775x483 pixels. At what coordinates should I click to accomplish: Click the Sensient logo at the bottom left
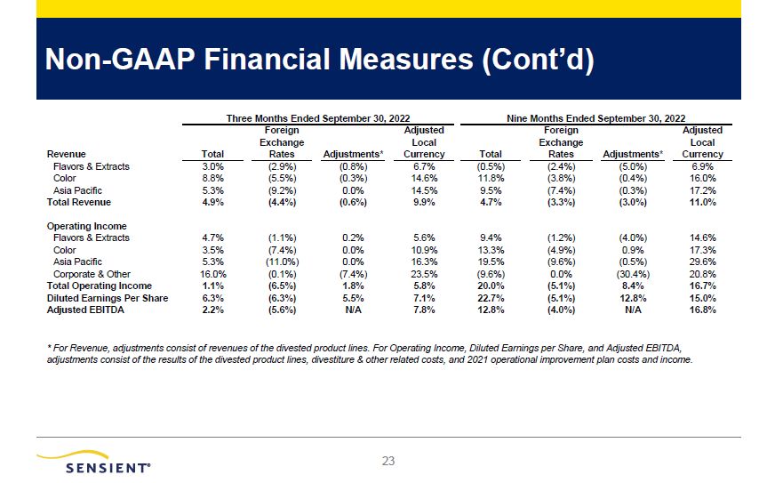93,463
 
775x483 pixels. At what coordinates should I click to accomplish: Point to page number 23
388,462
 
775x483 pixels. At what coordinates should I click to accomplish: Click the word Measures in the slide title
406,60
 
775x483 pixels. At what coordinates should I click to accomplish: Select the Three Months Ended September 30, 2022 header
318,118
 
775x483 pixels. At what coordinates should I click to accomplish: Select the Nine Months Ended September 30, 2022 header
596,118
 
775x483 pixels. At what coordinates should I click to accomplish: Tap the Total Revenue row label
78,203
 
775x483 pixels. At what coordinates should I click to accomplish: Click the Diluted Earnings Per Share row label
108,298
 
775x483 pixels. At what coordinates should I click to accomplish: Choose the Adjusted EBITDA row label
85,310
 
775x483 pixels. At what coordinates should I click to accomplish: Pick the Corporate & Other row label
92,274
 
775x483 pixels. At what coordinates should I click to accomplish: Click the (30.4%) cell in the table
633,274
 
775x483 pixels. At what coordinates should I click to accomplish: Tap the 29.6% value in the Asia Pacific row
702,262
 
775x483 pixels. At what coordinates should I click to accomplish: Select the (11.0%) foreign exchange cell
282,262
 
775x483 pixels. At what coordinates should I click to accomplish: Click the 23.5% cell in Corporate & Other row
424,274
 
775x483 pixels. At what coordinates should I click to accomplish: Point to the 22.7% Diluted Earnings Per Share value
491,298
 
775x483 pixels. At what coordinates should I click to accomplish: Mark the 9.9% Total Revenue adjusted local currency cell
424,203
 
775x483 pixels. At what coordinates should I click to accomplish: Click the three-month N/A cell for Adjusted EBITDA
353,310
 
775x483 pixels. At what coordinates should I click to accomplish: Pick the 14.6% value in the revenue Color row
424,178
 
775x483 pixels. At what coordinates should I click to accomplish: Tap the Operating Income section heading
86,226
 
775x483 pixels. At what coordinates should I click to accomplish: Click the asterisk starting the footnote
49,348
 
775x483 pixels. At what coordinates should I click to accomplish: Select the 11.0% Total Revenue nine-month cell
702,203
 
